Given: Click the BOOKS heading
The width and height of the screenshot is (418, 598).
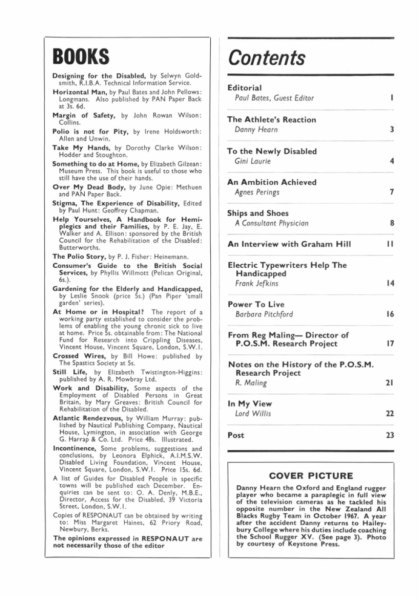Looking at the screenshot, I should coord(81,58).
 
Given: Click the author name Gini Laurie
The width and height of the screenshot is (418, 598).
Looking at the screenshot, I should coord(252,161).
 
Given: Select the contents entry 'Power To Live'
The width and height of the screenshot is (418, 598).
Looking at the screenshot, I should coord(256,304).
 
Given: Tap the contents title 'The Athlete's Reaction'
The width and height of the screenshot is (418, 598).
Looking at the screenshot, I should coord(271,119).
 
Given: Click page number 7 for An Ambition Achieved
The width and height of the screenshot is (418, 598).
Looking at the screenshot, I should coord(393,191).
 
